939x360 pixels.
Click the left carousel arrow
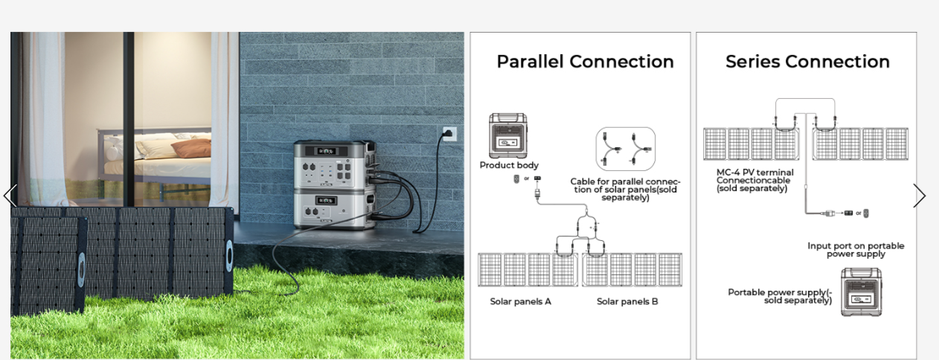tap(10, 196)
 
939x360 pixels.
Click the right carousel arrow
tap(920, 196)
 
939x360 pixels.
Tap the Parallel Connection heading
tap(585, 62)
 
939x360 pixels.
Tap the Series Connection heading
tap(807, 62)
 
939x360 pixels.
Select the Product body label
tap(509, 165)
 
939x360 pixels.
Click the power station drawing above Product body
tap(508, 135)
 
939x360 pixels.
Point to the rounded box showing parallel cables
tap(625, 149)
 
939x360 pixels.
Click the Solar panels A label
tap(520, 301)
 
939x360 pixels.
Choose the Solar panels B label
tap(627, 301)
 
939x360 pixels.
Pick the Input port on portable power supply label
tap(856, 250)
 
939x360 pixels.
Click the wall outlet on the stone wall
tap(449, 134)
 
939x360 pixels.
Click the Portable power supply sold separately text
tap(780, 296)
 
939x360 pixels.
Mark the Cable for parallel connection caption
tap(625, 190)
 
